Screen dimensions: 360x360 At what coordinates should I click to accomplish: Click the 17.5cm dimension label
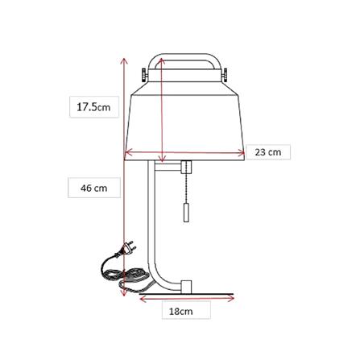(x=93, y=107)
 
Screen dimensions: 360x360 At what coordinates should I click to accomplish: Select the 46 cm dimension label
(x=94, y=188)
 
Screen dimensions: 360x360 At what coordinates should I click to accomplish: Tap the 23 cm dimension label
(x=268, y=152)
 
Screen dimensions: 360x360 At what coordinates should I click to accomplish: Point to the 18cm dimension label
(x=181, y=312)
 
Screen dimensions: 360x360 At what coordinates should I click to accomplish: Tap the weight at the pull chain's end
(x=187, y=212)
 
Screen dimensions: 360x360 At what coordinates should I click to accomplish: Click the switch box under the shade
(x=186, y=167)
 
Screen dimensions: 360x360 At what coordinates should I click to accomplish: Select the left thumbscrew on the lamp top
(x=144, y=75)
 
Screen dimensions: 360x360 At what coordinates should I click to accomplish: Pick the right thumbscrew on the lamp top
(x=225, y=74)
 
